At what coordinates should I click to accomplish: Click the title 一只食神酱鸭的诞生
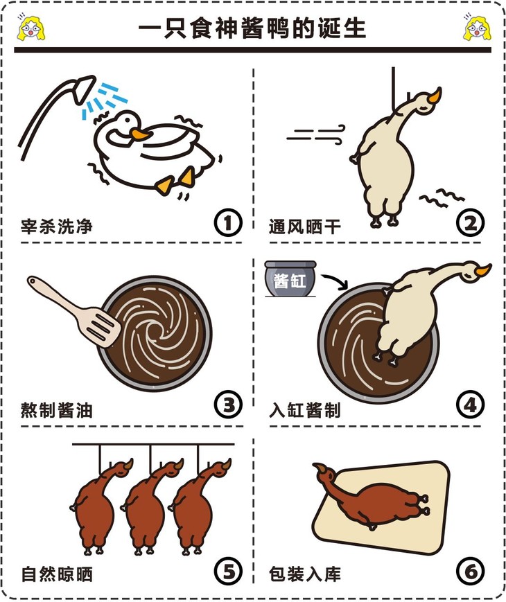[x=252, y=28]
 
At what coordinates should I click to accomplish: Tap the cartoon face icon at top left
[x=30, y=27]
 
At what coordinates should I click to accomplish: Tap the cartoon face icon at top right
[x=476, y=27]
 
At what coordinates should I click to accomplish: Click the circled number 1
[x=227, y=223]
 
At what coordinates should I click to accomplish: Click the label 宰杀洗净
[x=56, y=226]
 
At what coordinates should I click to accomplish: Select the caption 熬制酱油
[x=56, y=409]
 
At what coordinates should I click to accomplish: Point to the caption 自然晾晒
[x=56, y=574]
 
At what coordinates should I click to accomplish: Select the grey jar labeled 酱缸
[x=290, y=281]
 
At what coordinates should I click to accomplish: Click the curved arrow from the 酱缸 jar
[x=338, y=281]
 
